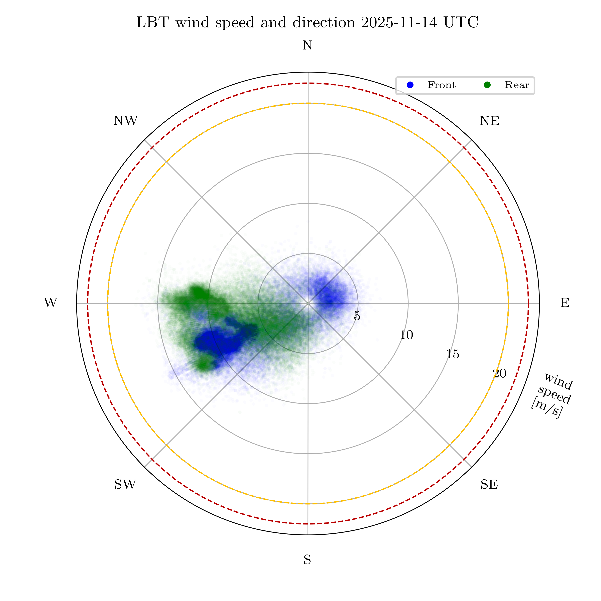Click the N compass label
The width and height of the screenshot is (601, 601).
click(307, 46)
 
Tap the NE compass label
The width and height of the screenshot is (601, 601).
click(489, 121)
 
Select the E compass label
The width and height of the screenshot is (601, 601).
click(565, 303)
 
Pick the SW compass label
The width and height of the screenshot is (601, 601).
click(125, 485)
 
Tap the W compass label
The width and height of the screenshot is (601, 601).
click(50, 303)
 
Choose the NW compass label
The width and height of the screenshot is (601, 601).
click(125, 121)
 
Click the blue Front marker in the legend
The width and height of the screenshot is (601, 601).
click(410, 85)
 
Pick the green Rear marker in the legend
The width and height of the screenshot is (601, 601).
click(487, 85)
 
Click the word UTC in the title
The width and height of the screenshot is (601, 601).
click(461, 23)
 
